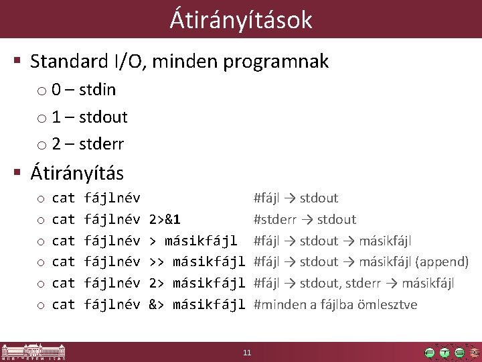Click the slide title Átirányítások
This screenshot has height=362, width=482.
tap(241, 19)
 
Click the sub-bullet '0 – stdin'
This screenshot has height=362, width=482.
tap(84, 90)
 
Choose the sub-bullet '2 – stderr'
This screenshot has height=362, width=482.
tap(88, 143)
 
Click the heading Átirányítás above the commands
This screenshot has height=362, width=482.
tap(77, 173)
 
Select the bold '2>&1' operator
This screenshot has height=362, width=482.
tap(164, 219)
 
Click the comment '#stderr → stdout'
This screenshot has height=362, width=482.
tap(305, 219)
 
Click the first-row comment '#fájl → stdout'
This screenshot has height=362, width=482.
tap(295, 198)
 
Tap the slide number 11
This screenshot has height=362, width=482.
tap(247, 353)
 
